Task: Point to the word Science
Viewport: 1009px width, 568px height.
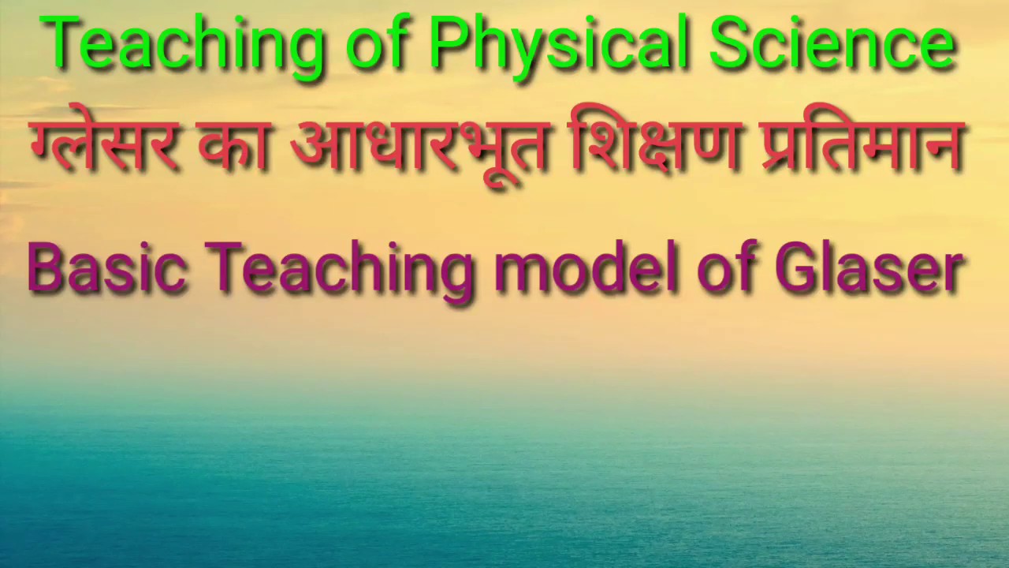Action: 832,46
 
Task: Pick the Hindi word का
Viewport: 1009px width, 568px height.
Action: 234,146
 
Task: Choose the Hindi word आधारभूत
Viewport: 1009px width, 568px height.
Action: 418,146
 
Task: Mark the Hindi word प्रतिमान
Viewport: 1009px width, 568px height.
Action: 863,146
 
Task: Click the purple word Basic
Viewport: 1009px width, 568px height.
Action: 106,268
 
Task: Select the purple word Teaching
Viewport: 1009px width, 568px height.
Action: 339,268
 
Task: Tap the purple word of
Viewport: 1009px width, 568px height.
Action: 725,268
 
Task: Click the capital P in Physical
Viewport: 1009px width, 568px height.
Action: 448,44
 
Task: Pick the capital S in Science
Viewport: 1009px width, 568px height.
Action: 731,44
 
